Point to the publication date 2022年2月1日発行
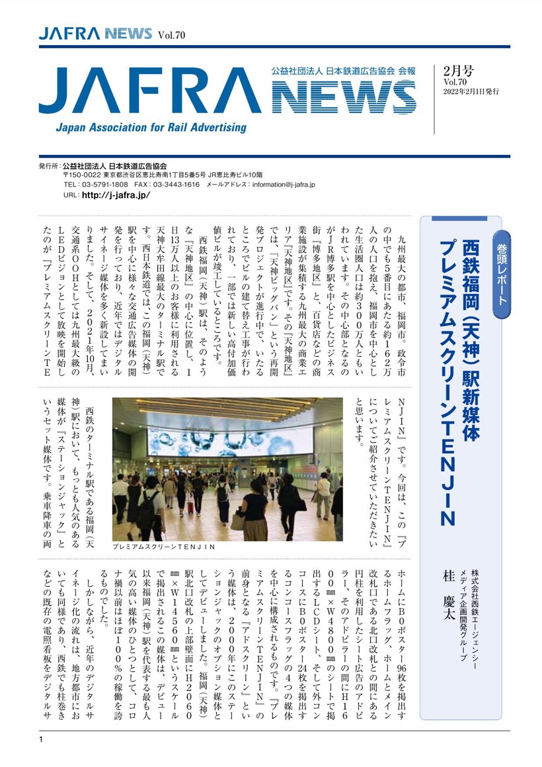pyautogui.click(x=471, y=91)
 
